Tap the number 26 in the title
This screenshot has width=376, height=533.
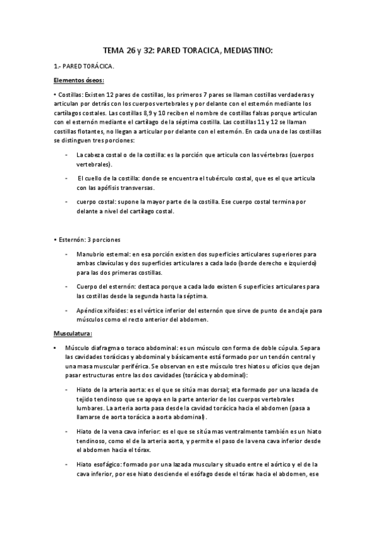(x=131, y=50)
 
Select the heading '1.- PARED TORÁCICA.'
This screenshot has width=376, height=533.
(x=83, y=65)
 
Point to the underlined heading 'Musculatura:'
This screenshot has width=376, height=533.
(x=73, y=332)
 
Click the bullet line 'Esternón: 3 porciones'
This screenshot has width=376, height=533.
(x=87, y=240)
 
